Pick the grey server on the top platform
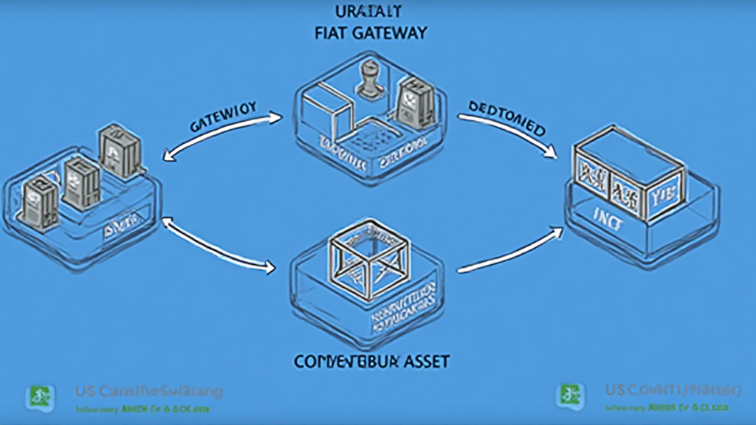click(x=410, y=104)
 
